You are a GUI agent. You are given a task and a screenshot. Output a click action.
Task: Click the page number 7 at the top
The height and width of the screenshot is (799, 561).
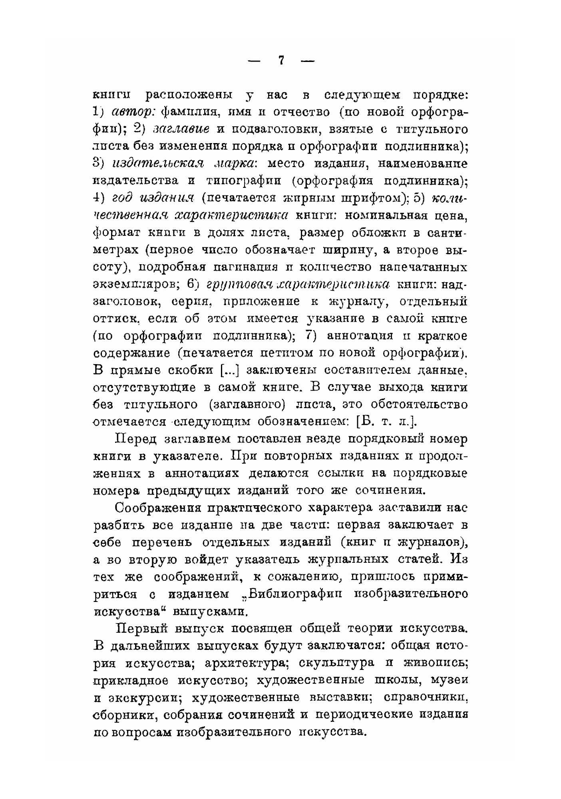281,60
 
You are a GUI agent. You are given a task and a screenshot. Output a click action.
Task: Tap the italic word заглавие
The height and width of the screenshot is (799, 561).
176,130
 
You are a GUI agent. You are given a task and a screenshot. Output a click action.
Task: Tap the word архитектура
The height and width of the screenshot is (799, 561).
247,663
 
